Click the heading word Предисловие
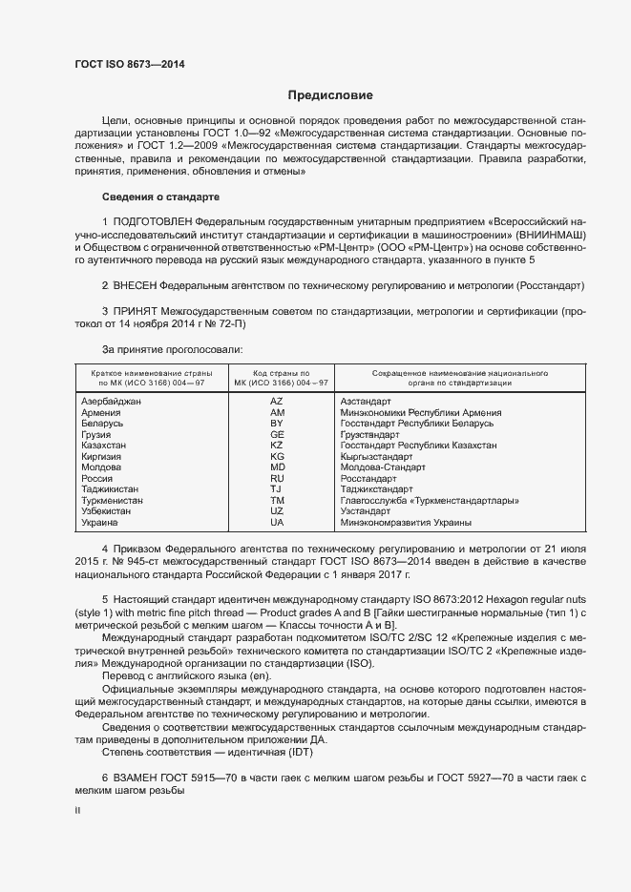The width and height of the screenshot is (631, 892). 330,95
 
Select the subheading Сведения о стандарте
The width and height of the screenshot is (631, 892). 160,197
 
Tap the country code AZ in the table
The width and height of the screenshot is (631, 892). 277,402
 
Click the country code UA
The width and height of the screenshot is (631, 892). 277,523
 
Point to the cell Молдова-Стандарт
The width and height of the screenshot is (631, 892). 384,467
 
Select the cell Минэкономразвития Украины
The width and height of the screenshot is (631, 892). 406,523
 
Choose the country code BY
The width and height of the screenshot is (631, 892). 277,424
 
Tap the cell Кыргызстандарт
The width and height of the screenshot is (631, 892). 379,457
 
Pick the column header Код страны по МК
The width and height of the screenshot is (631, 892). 277,377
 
